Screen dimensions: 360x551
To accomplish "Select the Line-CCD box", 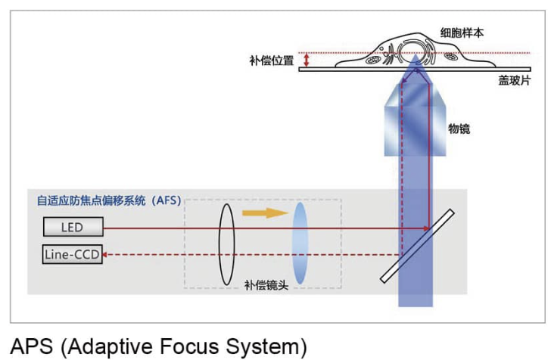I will click(72, 255).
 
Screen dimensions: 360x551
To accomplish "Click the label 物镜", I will click(459, 129).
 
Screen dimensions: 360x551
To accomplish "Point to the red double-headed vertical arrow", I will click(307, 60).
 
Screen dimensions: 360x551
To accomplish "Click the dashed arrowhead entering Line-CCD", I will click(106, 255).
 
